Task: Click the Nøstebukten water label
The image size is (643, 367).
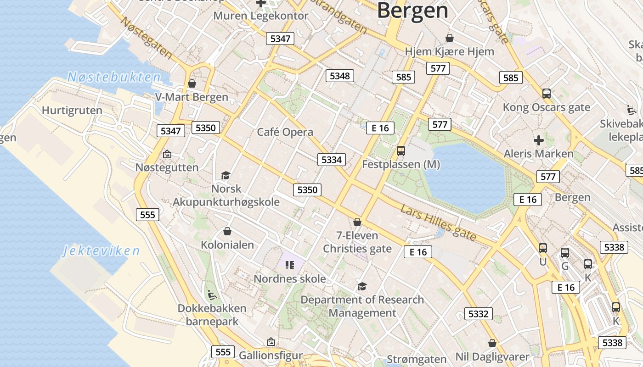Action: [x=114, y=77]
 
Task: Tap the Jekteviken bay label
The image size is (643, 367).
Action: [x=101, y=251]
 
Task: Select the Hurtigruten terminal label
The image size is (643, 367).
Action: [x=72, y=111]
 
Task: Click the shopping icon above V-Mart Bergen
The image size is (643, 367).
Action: [x=192, y=83]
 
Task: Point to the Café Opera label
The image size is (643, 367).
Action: [x=285, y=132]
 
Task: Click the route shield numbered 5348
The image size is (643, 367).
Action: [x=340, y=76]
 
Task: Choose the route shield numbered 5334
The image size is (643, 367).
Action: [x=332, y=160]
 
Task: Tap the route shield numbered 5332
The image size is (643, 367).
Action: [x=478, y=314]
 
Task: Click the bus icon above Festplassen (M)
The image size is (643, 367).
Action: [x=401, y=150]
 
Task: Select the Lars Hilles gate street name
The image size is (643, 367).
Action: [x=438, y=222]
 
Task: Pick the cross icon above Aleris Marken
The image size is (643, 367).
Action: [x=539, y=140]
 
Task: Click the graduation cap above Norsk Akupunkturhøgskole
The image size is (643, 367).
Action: [x=226, y=175]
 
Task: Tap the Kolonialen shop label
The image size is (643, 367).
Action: [x=227, y=245]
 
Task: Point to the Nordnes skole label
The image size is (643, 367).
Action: [x=290, y=278]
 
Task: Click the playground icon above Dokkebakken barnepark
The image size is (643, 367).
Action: [x=212, y=295]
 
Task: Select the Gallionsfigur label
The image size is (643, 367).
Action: [x=271, y=355]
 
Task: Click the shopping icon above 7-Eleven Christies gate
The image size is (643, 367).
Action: [x=357, y=222]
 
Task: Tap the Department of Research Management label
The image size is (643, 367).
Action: [x=362, y=306]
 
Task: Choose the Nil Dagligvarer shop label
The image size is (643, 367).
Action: [x=492, y=356]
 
